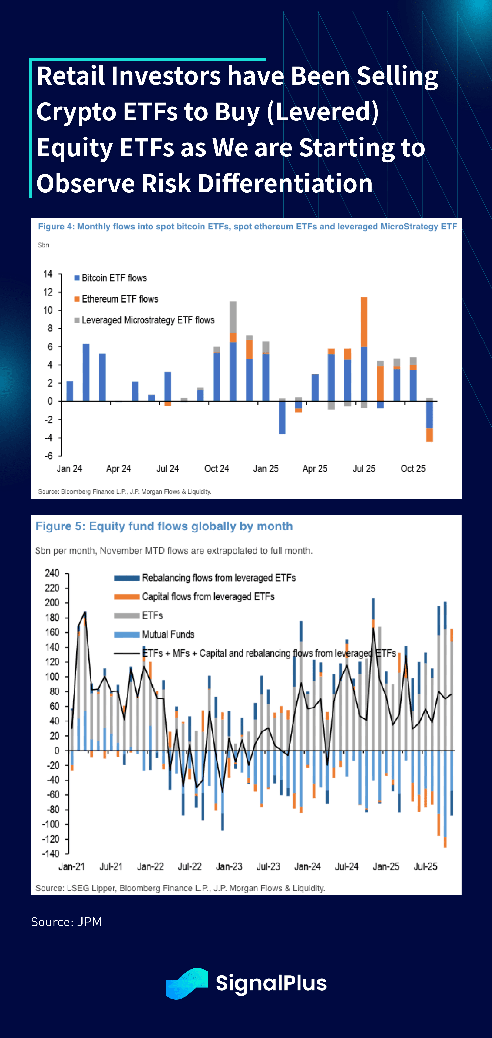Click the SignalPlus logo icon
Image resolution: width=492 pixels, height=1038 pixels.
click(186, 983)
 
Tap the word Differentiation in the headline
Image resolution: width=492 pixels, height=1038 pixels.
click(285, 183)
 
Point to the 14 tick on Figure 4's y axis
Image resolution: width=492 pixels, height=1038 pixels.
click(48, 274)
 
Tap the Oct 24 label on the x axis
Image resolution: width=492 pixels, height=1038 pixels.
click(217, 469)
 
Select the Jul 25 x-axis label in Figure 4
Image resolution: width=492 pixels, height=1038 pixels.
click(364, 469)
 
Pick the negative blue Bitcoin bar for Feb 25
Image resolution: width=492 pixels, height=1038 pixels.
click(282, 417)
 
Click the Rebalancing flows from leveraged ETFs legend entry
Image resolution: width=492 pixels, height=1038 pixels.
click(218, 578)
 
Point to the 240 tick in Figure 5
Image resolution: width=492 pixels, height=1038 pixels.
click(52, 573)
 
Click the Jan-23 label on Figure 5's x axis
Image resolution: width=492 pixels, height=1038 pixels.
click(229, 866)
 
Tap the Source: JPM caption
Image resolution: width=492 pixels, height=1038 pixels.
click(66, 922)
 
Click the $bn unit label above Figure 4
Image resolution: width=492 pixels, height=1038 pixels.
click(44, 245)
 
